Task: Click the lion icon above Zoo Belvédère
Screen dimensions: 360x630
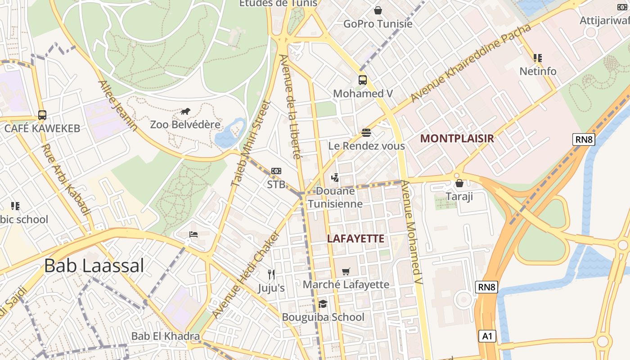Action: click(185, 111)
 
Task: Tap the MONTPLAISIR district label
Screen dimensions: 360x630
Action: click(457, 139)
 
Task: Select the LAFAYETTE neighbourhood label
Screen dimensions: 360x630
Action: click(355, 238)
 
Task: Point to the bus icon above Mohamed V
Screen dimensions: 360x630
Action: click(363, 80)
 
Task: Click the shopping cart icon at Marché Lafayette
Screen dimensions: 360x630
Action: click(346, 271)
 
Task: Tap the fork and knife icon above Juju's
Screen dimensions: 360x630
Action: click(271, 274)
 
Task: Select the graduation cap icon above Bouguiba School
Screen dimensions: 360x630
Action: click(323, 304)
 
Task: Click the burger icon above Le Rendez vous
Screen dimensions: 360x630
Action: click(366, 133)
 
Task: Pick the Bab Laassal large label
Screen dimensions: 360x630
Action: click(94, 265)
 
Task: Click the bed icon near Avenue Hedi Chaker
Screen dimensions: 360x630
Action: click(193, 234)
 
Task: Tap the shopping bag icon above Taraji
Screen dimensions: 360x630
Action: click(459, 183)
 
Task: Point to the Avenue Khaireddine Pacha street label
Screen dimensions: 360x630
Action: click(471, 63)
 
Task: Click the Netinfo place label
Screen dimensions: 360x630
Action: click(538, 71)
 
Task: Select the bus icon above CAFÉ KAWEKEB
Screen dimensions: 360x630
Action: click(42, 115)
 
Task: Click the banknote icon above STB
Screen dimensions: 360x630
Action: click(276, 171)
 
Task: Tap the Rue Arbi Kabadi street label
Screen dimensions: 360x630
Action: click(66, 180)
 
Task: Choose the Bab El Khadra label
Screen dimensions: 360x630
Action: click(165, 336)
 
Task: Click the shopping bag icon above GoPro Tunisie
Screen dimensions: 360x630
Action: click(378, 10)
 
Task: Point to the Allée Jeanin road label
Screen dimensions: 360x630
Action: click(118, 106)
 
